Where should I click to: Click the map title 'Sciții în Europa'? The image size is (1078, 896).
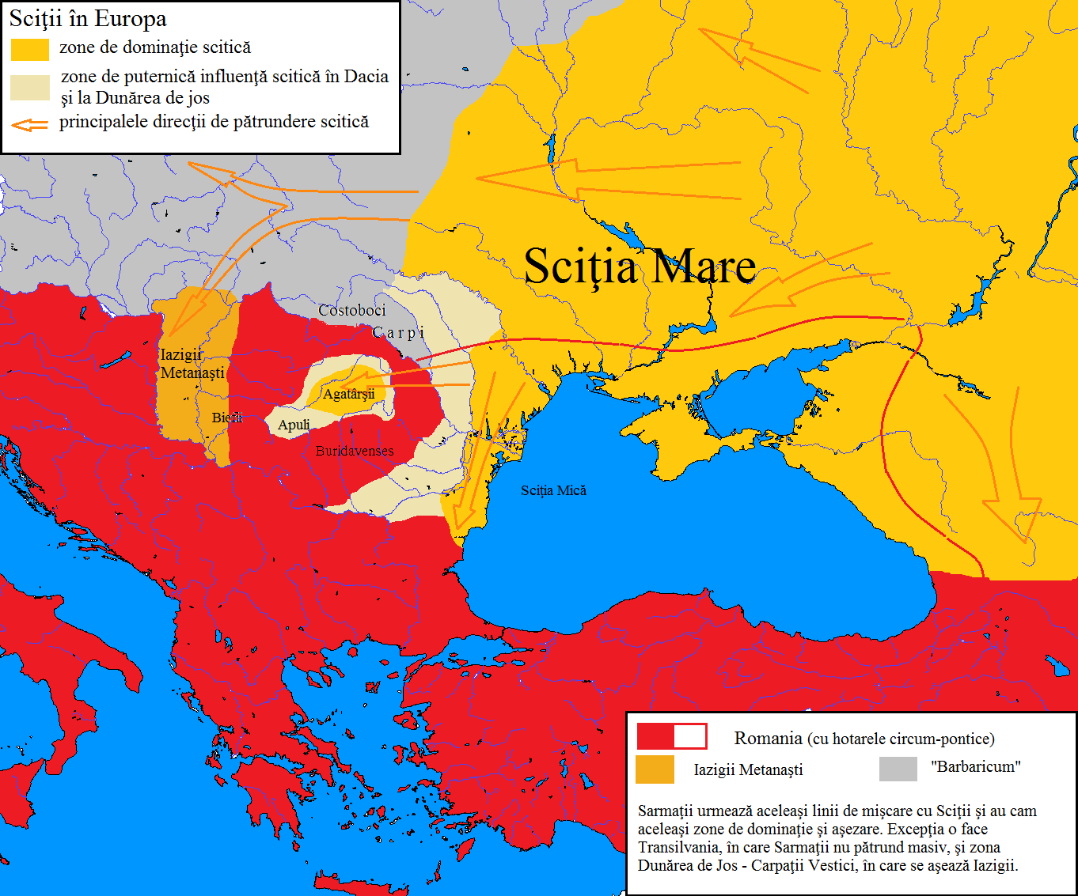(x=88, y=18)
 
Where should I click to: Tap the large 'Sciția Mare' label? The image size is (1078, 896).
(x=640, y=267)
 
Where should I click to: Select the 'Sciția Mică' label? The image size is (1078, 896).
(x=553, y=490)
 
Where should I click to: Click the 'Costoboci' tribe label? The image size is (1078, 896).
(x=352, y=311)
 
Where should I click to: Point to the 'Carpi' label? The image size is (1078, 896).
(x=399, y=333)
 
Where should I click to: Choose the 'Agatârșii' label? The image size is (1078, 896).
(x=348, y=394)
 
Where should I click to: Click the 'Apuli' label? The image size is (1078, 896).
(x=294, y=425)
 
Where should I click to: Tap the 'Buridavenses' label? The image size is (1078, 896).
(x=355, y=451)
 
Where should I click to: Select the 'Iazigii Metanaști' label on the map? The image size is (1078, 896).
(x=192, y=364)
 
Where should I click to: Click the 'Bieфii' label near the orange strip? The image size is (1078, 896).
(x=227, y=418)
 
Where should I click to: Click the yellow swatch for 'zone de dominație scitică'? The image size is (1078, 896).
(x=30, y=49)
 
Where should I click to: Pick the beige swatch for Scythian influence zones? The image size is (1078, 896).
(x=30, y=87)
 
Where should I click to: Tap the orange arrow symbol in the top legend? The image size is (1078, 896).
(x=30, y=124)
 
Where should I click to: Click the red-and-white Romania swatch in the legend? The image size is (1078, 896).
(x=671, y=736)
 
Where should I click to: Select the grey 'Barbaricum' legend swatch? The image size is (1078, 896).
(x=898, y=768)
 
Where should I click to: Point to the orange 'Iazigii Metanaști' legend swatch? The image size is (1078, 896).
(x=655, y=769)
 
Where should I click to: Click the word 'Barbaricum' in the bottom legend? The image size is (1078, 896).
(x=976, y=766)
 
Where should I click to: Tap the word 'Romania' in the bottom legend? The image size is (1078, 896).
(x=768, y=739)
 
